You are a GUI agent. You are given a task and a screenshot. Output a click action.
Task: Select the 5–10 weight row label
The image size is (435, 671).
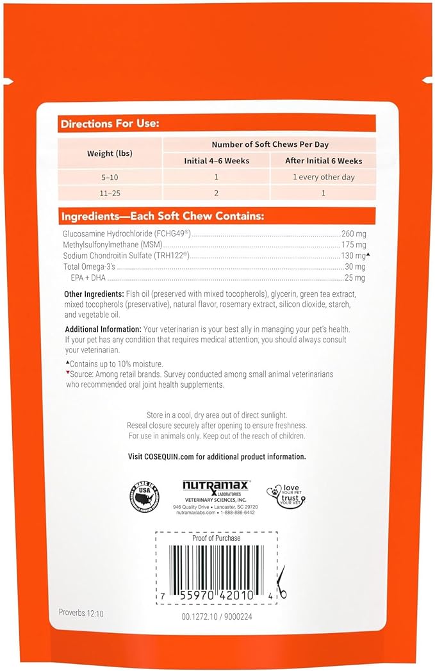110,177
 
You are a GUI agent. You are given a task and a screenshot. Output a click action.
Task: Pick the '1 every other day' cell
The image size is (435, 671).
324,177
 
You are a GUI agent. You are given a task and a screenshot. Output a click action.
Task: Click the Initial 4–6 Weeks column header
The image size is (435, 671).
216,161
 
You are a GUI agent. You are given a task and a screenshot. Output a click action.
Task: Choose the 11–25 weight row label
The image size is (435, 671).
110,192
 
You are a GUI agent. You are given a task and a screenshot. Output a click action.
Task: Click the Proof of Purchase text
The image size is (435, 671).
217,538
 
